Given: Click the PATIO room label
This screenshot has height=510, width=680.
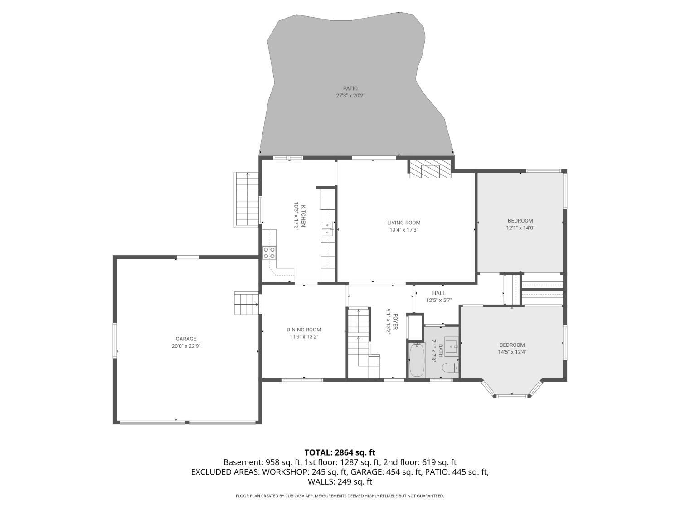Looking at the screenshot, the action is click(x=350, y=88).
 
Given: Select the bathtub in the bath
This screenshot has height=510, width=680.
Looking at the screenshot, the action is click(x=417, y=360).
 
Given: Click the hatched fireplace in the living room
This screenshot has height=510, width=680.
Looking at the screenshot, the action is click(x=430, y=169).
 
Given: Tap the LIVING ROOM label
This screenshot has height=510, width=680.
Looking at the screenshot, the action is click(x=403, y=223).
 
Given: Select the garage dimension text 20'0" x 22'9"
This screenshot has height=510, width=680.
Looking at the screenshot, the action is click(x=186, y=346).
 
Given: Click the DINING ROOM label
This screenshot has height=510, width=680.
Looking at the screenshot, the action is click(x=304, y=330).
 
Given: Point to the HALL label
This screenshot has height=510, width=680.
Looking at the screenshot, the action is click(x=439, y=293).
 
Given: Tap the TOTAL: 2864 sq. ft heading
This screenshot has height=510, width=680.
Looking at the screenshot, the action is click(x=340, y=453).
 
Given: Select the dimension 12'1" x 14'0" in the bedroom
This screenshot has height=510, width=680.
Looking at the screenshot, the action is click(x=520, y=228).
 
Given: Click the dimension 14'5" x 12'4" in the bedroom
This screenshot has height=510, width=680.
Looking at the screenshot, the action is click(x=512, y=352).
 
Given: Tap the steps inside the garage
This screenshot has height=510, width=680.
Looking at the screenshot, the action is click(x=247, y=303).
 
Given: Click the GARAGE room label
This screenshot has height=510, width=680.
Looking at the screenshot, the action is click(x=186, y=339).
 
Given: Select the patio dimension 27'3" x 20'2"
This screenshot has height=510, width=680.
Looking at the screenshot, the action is click(x=350, y=96).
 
